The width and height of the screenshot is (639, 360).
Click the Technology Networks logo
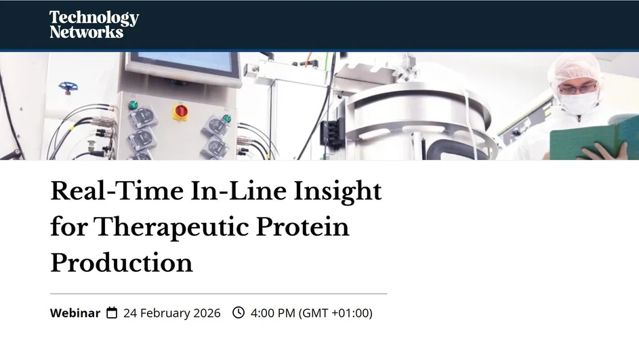point(94,24)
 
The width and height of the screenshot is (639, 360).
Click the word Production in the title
point(121,262)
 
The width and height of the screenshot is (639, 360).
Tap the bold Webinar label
point(75,313)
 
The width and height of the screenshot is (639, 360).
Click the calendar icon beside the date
point(112,313)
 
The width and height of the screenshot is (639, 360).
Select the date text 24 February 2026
point(171,313)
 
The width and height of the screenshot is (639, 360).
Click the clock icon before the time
point(239,313)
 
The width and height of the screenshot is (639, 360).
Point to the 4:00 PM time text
point(273,313)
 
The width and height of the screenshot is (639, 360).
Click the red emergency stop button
point(181,111)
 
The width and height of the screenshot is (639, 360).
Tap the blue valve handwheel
point(67,87)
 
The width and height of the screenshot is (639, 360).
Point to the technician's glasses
point(577,87)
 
